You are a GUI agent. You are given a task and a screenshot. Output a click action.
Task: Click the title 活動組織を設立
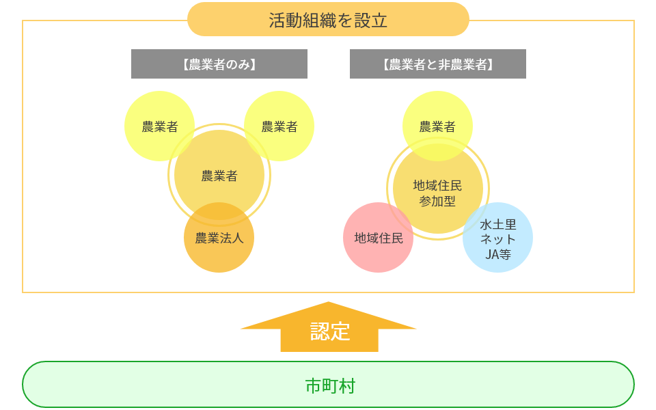pos(328,20)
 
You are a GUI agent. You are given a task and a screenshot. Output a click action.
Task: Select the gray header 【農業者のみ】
pos(219,64)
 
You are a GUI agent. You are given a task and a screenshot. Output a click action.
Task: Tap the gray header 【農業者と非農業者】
pos(438,64)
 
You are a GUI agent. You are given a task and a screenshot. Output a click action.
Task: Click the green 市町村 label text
pos(329,386)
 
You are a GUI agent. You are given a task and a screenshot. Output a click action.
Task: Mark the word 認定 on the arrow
pos(330,331)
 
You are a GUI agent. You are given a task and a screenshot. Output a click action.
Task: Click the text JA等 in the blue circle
pos(498,254)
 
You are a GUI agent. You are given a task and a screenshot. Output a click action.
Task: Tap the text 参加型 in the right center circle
pos(438,202)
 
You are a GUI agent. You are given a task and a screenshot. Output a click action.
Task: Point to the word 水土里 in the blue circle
pos(498,224)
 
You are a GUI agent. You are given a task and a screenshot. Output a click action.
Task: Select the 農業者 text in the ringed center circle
pos(219,176)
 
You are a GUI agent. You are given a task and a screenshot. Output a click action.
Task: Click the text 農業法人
pos(219,238)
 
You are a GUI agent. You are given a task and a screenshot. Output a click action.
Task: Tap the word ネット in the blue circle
pos(498,239)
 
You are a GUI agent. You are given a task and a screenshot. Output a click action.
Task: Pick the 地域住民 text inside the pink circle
pos(378,238)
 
